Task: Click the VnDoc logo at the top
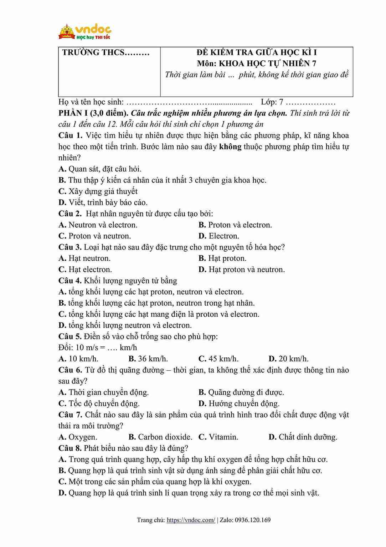point(85,32)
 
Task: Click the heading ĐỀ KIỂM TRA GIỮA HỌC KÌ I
point(257,52)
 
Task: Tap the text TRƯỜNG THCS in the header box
point(105,53)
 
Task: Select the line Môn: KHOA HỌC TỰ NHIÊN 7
point(257,64)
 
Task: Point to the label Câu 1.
point(70,136)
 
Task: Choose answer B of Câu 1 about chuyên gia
point(163,180)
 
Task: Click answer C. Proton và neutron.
point(95,236)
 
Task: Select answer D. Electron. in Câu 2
point(219,236)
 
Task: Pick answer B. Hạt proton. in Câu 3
point(222,258)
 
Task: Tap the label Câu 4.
point(70,281)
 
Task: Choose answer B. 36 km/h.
point(148,359)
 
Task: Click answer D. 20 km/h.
point(289,359)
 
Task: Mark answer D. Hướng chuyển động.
point(239,403)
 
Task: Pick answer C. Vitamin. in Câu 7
point(218,437)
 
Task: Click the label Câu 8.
point(70,448)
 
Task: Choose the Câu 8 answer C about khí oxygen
point(155,482)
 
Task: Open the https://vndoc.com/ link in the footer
point(191,520)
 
